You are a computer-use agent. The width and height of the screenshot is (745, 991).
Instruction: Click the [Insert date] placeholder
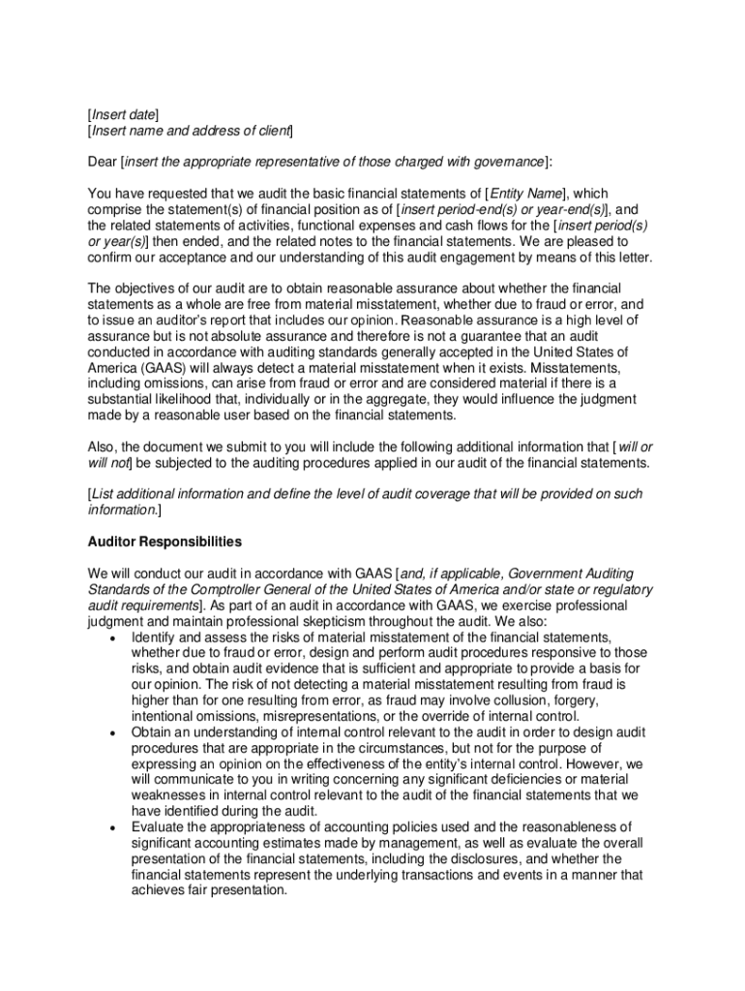[124, 114]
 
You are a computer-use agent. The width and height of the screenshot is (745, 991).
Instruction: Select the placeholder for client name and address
[191, 130]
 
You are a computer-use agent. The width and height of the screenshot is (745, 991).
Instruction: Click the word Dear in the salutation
[103, 161]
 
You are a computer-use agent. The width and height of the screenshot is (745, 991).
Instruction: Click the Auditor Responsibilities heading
[164, 541]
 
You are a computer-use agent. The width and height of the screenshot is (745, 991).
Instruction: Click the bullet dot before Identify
[116, 638]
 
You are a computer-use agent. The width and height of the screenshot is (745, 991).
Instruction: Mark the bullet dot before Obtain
[116, 733]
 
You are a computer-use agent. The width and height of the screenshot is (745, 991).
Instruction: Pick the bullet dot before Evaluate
[116, 827]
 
